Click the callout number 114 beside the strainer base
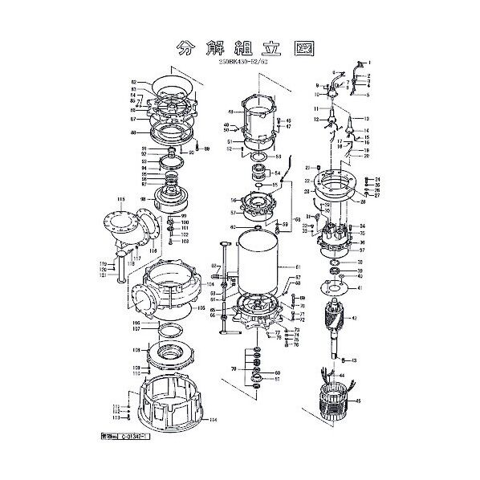click(x=212, y=419)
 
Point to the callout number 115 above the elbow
click(x=120, y=197)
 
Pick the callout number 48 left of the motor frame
click(x=230, y=112)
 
